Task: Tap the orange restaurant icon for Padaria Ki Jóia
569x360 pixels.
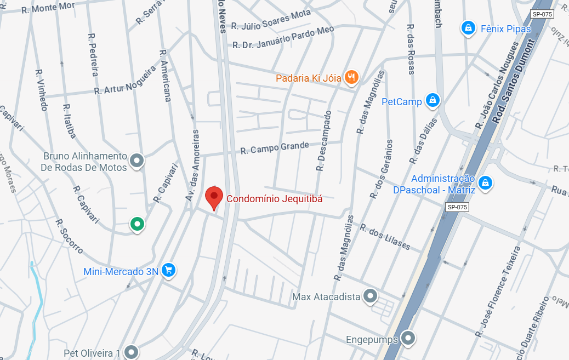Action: click(351, 77)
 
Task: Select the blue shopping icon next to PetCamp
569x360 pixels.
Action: click(433, 100)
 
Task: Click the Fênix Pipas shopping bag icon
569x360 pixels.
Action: click(468, 27)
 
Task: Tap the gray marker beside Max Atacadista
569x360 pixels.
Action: click(371, 296)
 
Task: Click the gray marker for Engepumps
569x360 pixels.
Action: click(407, 338)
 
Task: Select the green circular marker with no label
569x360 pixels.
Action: click(136, 224)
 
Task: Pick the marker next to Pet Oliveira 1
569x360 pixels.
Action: click(130, 351)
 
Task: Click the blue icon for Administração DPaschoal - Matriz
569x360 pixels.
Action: click(485, 183)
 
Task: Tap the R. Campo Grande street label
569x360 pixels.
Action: click(275, 148)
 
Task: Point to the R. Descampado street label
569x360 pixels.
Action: click(324, 141)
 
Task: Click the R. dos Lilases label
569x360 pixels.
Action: click(385, 237)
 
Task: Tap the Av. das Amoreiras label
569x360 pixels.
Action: click(195, 169)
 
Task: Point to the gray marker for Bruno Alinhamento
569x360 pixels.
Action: click(136, 161)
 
